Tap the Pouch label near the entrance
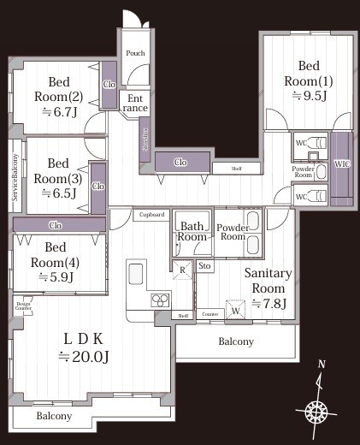[135, 53]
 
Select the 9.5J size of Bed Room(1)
[308, 96]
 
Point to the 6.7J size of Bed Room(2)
[58, 111]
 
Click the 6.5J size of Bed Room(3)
[57, 193]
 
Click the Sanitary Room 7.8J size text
[269, 304]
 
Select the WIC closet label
[342, 163]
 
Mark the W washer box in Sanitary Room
[233, 309]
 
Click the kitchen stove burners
[160, 299]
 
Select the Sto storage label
[204, 268]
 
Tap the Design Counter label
[22, 305]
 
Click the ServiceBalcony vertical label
[15, 176]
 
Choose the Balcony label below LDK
[54, 416]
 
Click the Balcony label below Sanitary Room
[235, 341]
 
